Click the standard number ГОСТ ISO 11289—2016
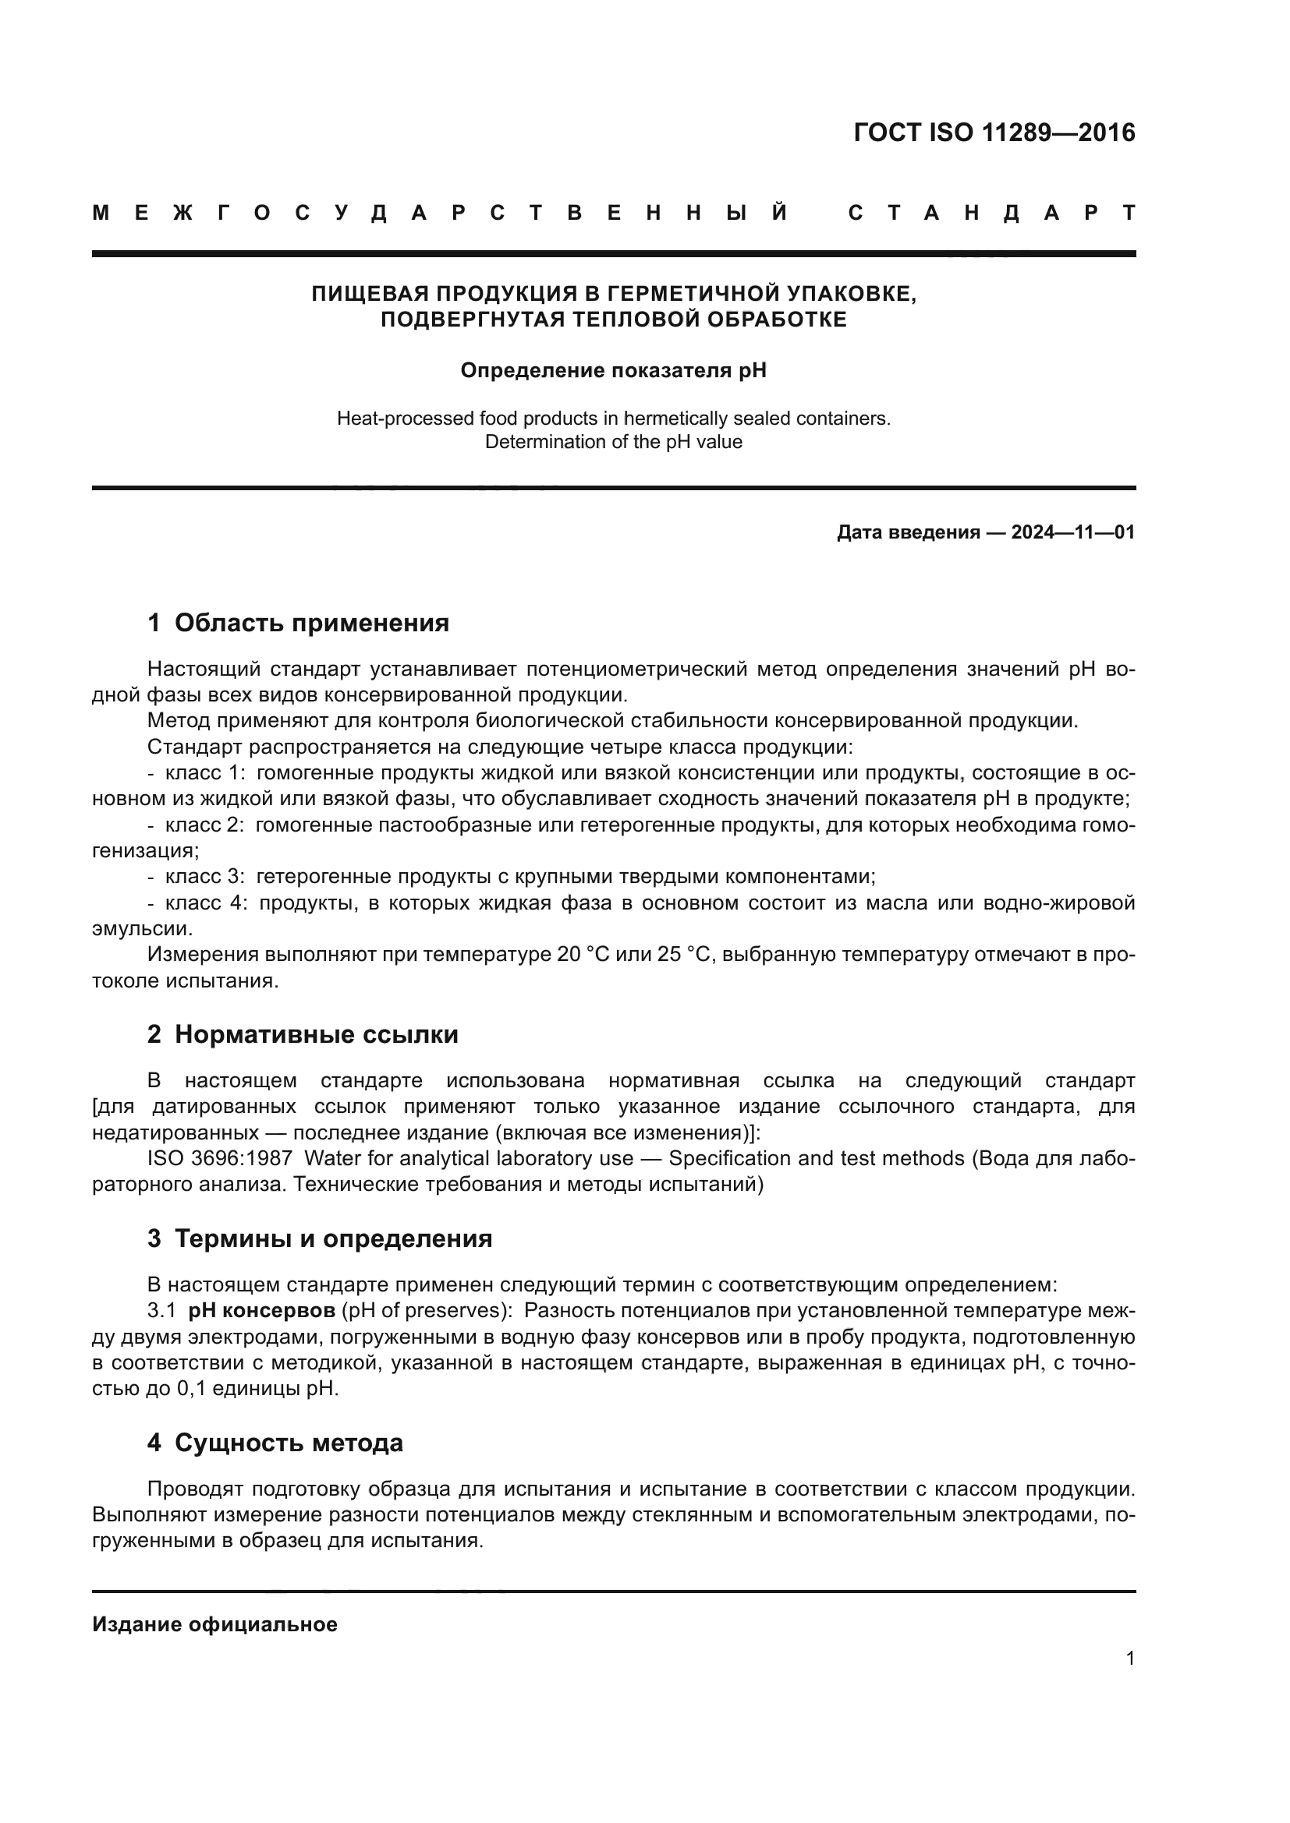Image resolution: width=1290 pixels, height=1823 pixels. tap(994, 132)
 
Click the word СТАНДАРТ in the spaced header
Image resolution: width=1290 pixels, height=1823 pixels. tap(992, 214)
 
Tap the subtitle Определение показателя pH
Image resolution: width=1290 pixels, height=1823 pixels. tap(613, 371)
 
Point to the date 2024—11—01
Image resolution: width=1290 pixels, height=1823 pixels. tap(1072, 532)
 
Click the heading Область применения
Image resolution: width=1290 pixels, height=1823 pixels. tap(311, 624)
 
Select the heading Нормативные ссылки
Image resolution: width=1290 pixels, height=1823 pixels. tap(316, 1034)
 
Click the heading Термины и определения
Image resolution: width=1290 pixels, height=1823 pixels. tap(333, 1238)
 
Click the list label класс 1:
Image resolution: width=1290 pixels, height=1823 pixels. tap(206, 772)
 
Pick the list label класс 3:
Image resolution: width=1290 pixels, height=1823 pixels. tap(206, 877)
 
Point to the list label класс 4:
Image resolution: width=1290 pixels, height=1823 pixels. tap(206, 903)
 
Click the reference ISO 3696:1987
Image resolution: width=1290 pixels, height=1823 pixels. tap(219, 1158)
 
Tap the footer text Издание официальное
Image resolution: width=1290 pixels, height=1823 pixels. tap(214, 1624)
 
